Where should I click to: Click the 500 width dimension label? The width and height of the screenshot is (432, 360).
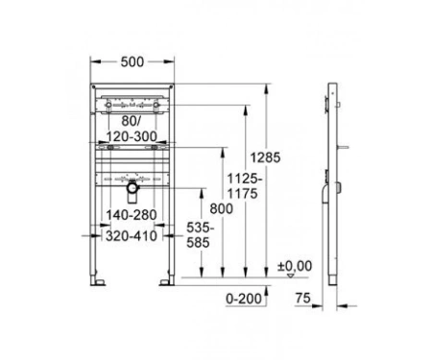pyautogui.click(x=132, y=62)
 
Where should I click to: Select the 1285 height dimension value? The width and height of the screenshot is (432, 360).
pyautogui.click(x=265, y=157)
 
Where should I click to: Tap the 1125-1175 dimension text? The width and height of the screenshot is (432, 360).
pyautogui.click(x=245, y=186)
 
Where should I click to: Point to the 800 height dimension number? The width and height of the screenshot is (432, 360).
pyautogui.click(x=222, y=209)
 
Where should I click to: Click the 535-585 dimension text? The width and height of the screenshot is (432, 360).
pyautogui.click(x=198, y=235)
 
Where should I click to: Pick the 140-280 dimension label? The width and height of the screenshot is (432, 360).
pyautogui.click(x=132, y=215)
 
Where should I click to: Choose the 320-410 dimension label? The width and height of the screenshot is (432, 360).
pyautogui.click(x=132, y=236)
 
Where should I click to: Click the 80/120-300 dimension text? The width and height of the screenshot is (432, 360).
pyautogui.click(x=132, y=129)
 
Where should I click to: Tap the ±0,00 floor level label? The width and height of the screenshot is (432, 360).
pyautogui.click(x=295, y=266)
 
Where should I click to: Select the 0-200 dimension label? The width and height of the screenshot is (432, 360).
pyautogui.click(x=244, y=299)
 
